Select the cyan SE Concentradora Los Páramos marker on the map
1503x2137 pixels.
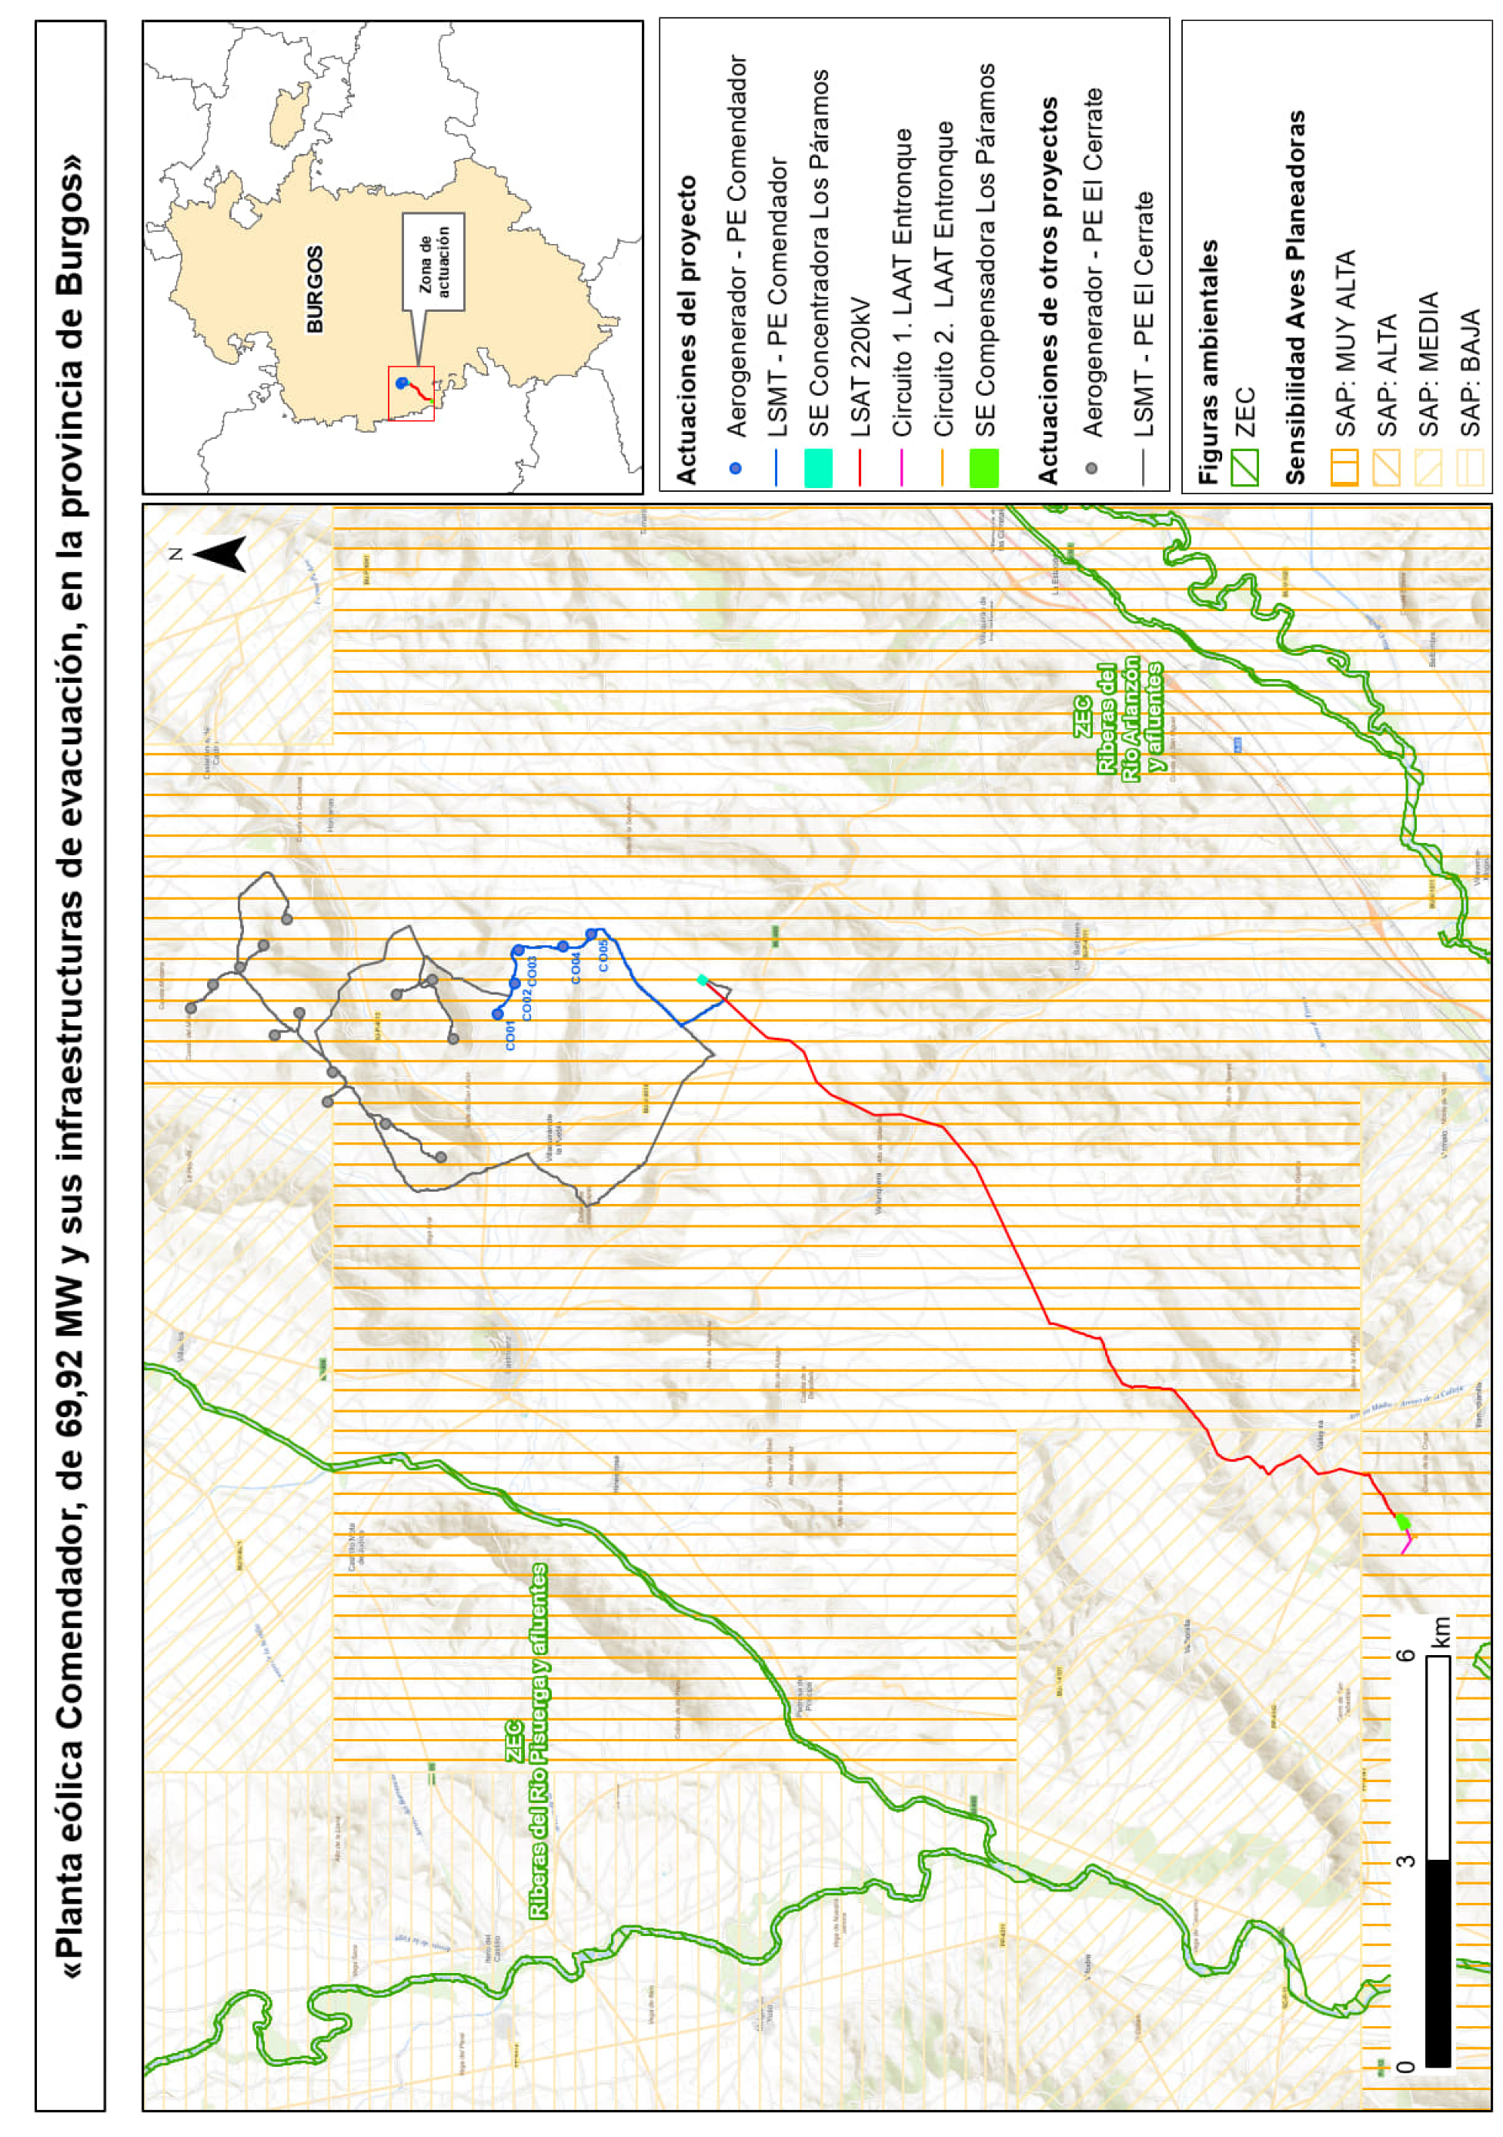tap(703, 979)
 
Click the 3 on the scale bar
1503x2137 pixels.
tap(1406, 1860)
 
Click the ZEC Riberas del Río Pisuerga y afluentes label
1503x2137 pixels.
tap(526, 1741)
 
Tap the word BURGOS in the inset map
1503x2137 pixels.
tap(316, 289)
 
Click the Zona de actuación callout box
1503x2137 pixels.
tap(433, 262)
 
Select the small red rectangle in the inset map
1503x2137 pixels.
tap(410, 393)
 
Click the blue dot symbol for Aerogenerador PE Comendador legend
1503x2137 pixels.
tap(735, 468)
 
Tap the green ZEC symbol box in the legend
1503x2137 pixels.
tap(1244, 467)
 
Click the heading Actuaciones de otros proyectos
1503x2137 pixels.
tap(1048, 289)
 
